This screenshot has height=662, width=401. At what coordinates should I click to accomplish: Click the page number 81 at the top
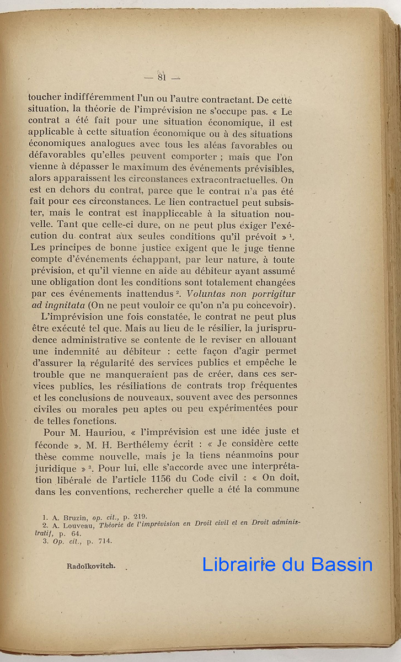tap(162, 77)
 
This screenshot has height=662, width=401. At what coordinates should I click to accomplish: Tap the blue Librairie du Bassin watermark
tap(287, 564)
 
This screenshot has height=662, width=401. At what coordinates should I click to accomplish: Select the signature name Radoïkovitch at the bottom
tap(91, 567)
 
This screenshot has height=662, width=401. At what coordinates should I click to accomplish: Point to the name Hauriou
tap(107, 431)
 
